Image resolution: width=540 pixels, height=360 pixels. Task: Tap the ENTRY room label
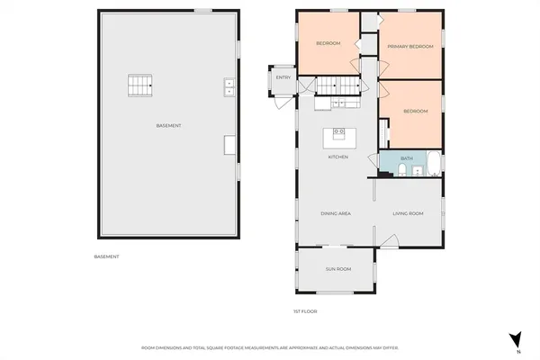click(x=283, y=77)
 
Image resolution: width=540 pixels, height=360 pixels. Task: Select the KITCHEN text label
click(x=337, y=157)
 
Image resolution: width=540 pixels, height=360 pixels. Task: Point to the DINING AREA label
click(x=335, y=213)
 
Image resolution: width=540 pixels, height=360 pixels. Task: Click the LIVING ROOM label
click(x=408, y=213)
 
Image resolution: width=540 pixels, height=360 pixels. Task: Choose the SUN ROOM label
click(x=337, y=269)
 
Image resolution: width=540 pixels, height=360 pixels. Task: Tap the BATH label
click(x=407, y=158)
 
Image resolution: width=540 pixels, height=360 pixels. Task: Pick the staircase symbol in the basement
click(x=138, y=85)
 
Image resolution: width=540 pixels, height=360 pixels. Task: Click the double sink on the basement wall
click(x=229, y=86)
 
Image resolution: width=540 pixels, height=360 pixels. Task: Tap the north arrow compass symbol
click(x=516, y=339)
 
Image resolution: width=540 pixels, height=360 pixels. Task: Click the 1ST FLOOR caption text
click(x=306, y=311)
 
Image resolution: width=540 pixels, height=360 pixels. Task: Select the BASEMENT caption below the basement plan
click(x=106, y=256)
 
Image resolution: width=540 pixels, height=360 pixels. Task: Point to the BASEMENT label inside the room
click(x=168, y=125)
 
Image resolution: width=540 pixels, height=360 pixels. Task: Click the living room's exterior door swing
click(x=388, y=241)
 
